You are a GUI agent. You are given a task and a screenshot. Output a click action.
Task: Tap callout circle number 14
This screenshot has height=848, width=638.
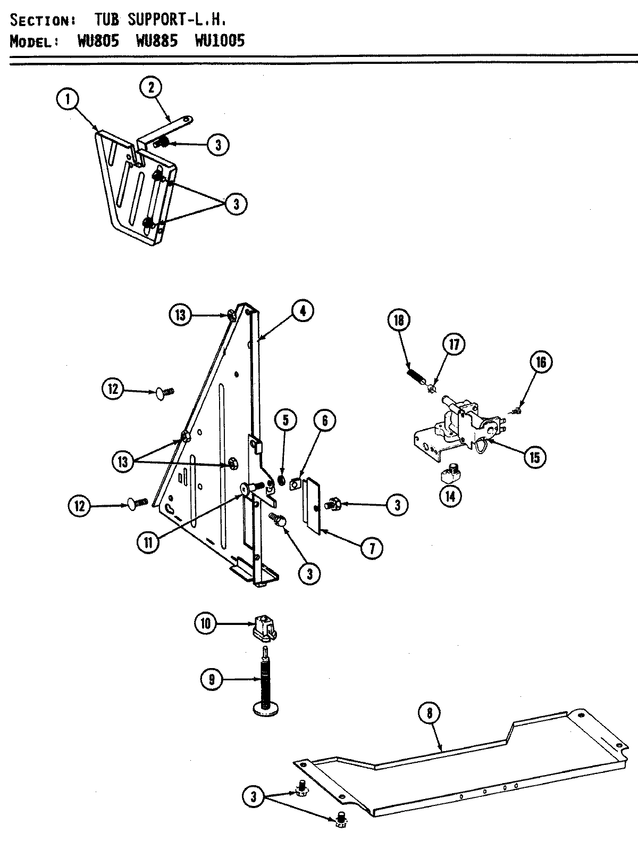click(x=451, y=496)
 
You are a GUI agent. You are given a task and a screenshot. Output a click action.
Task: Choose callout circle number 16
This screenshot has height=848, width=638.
click(x=541, y=363)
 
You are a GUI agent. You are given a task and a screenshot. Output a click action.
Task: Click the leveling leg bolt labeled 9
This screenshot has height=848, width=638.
click(x=265, y=681)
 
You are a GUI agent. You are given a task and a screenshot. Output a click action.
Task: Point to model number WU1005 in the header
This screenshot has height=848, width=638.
click(x=220, y=41)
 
